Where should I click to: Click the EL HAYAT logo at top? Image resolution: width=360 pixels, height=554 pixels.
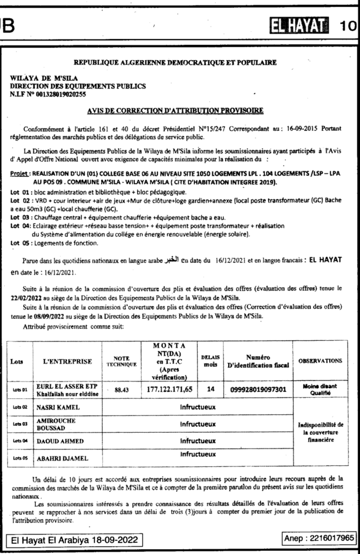(x=301, y=24)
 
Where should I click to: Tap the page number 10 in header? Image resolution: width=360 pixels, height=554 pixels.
(x=349, y=25)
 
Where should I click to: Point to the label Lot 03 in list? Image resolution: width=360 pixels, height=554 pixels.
(x=19, y=217)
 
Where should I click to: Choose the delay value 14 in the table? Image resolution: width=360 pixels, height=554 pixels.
(x=210, y=389)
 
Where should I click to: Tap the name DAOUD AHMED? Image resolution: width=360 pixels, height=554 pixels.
(x=59, y=441)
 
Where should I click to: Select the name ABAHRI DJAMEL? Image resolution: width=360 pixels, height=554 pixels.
(x=62, y=459)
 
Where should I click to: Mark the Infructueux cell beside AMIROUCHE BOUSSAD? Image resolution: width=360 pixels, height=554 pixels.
(x=198, y=424)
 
